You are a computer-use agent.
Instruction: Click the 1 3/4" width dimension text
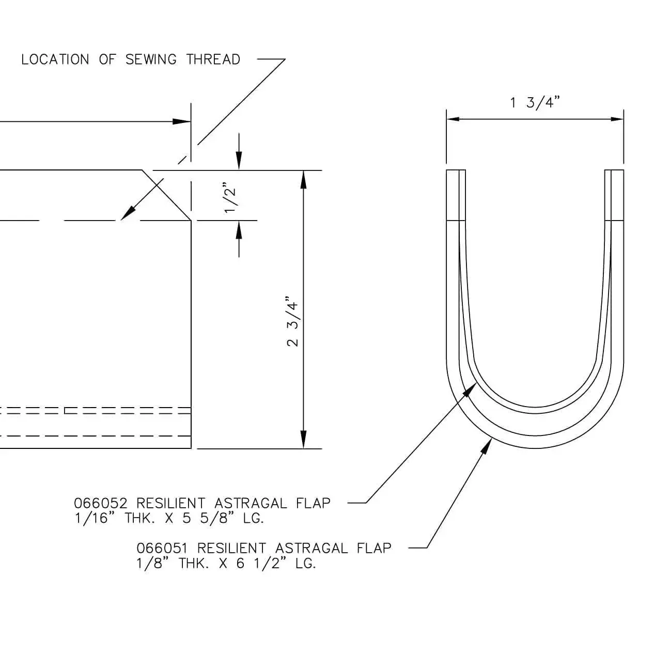535,102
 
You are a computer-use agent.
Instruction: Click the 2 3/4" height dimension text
293,321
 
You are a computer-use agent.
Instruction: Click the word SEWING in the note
151,59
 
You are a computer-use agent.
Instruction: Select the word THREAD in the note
213,59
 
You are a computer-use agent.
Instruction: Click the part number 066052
101,503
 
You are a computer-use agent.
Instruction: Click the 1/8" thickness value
153,563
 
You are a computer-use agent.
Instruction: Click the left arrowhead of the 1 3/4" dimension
453,119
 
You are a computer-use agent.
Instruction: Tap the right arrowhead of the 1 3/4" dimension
617,119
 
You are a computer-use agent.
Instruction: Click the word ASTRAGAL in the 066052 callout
250,503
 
